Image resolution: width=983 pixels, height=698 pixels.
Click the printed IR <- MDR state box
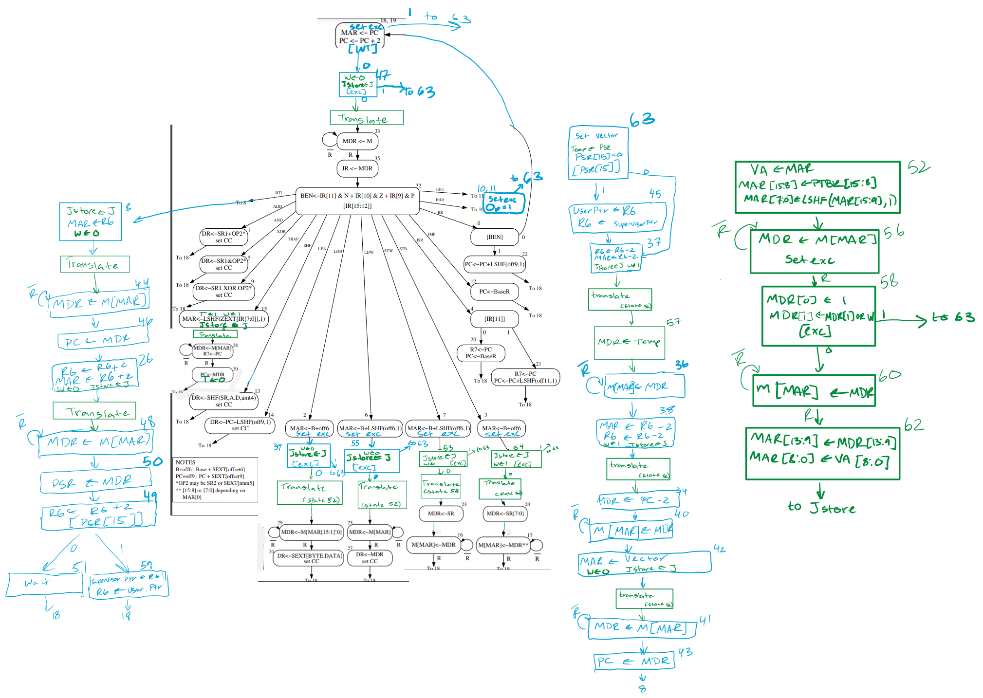click(x=357, y=168)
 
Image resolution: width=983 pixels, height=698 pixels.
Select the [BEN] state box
click(x=494, y=237)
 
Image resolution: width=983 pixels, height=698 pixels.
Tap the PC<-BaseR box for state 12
click(x=494, y=292)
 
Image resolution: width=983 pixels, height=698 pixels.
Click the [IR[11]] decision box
click(x=494, y=319)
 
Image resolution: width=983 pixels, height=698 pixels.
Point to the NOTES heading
click(x=185, y=462)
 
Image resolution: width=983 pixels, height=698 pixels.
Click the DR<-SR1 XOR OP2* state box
click(x=224, y=291)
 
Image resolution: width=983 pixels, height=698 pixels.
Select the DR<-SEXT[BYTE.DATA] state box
click(x=310, y=558)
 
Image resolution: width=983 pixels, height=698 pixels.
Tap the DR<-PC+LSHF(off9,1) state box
click(x=240, y=425)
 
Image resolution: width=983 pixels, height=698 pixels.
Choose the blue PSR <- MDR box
click(x=95, y=482)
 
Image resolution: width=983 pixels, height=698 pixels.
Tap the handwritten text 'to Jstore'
click(x=821, y=508)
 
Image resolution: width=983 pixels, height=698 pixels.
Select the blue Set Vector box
click(x=598, y=153)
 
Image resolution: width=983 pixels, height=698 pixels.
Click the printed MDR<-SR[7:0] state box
click(x=505, y=514)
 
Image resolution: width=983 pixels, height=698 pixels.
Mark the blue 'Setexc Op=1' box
click(x=503, y=203)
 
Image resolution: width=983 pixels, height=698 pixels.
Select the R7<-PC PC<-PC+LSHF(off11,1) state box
click(x=525, y=377)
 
